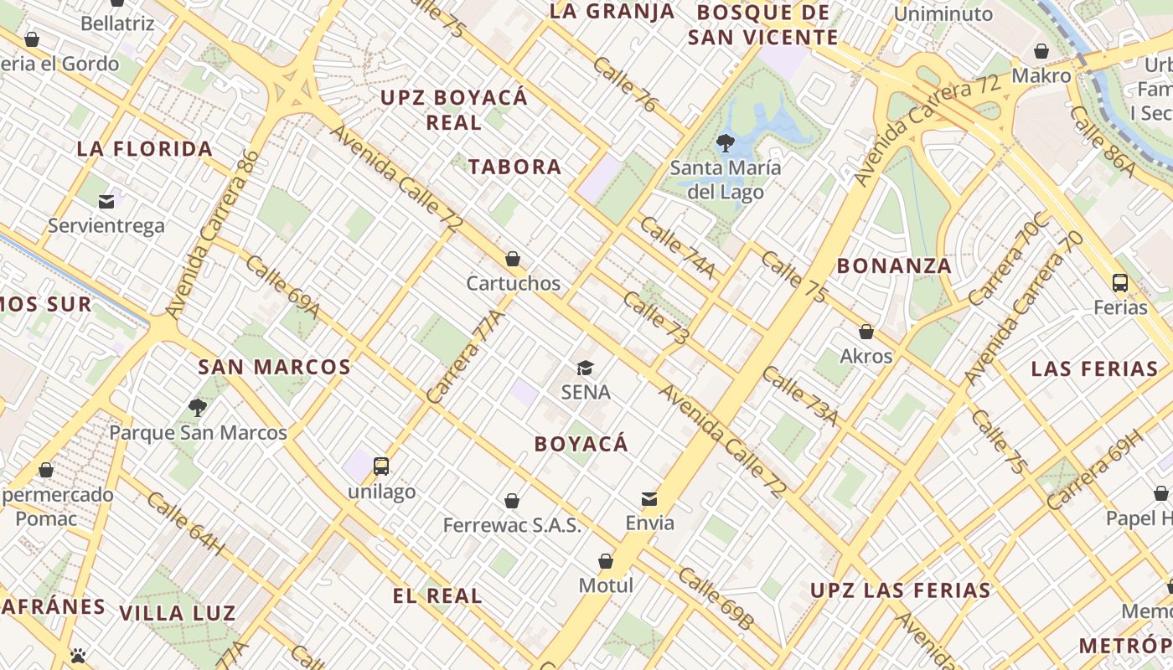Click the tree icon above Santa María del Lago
726,142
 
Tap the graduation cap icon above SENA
585,368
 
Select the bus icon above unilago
381,466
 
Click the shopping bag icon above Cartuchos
513,259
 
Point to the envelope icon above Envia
649,499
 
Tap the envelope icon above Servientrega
106,201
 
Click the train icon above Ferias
1120,283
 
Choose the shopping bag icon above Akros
866,332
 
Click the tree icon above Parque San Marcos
198,408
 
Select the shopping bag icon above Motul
606,561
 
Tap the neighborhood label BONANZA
894,266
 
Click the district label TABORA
514,167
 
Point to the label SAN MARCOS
274,367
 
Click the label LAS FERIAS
1094,368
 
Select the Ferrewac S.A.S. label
512,525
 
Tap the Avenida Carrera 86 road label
211,234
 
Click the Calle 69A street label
282,287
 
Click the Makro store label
1041,75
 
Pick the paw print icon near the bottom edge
79,655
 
